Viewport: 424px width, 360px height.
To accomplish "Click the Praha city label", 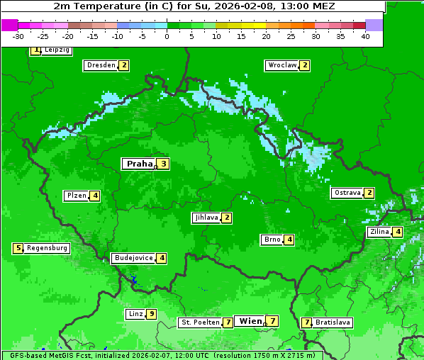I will pos(139,164).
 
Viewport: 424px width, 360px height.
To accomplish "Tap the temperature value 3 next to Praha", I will pos(163,164).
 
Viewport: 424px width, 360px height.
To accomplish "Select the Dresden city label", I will pos(100,65).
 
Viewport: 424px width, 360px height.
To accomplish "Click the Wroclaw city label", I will pos(281,65).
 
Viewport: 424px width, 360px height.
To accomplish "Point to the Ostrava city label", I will pos(347,193).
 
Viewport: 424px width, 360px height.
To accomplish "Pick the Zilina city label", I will pos(379,232).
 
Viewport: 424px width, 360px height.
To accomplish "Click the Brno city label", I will pos(272,240).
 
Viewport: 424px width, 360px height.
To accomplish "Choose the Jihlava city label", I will pos(206,218).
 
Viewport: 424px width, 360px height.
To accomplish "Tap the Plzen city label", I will pos(76,196).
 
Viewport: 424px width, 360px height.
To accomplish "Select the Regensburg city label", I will pos(48,248).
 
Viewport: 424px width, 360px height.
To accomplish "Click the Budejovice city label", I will pos(133,258).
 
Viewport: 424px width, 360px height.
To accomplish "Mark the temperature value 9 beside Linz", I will pos(152,314).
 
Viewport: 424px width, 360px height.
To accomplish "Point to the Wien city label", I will pos(250,321).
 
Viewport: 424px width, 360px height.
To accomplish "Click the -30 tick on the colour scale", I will pos(18,36).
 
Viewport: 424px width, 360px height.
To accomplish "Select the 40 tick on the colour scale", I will pos(365,36).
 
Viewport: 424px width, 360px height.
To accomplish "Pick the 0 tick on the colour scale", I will pos(167,36).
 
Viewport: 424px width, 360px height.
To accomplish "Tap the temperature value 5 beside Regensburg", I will pos(18,248).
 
